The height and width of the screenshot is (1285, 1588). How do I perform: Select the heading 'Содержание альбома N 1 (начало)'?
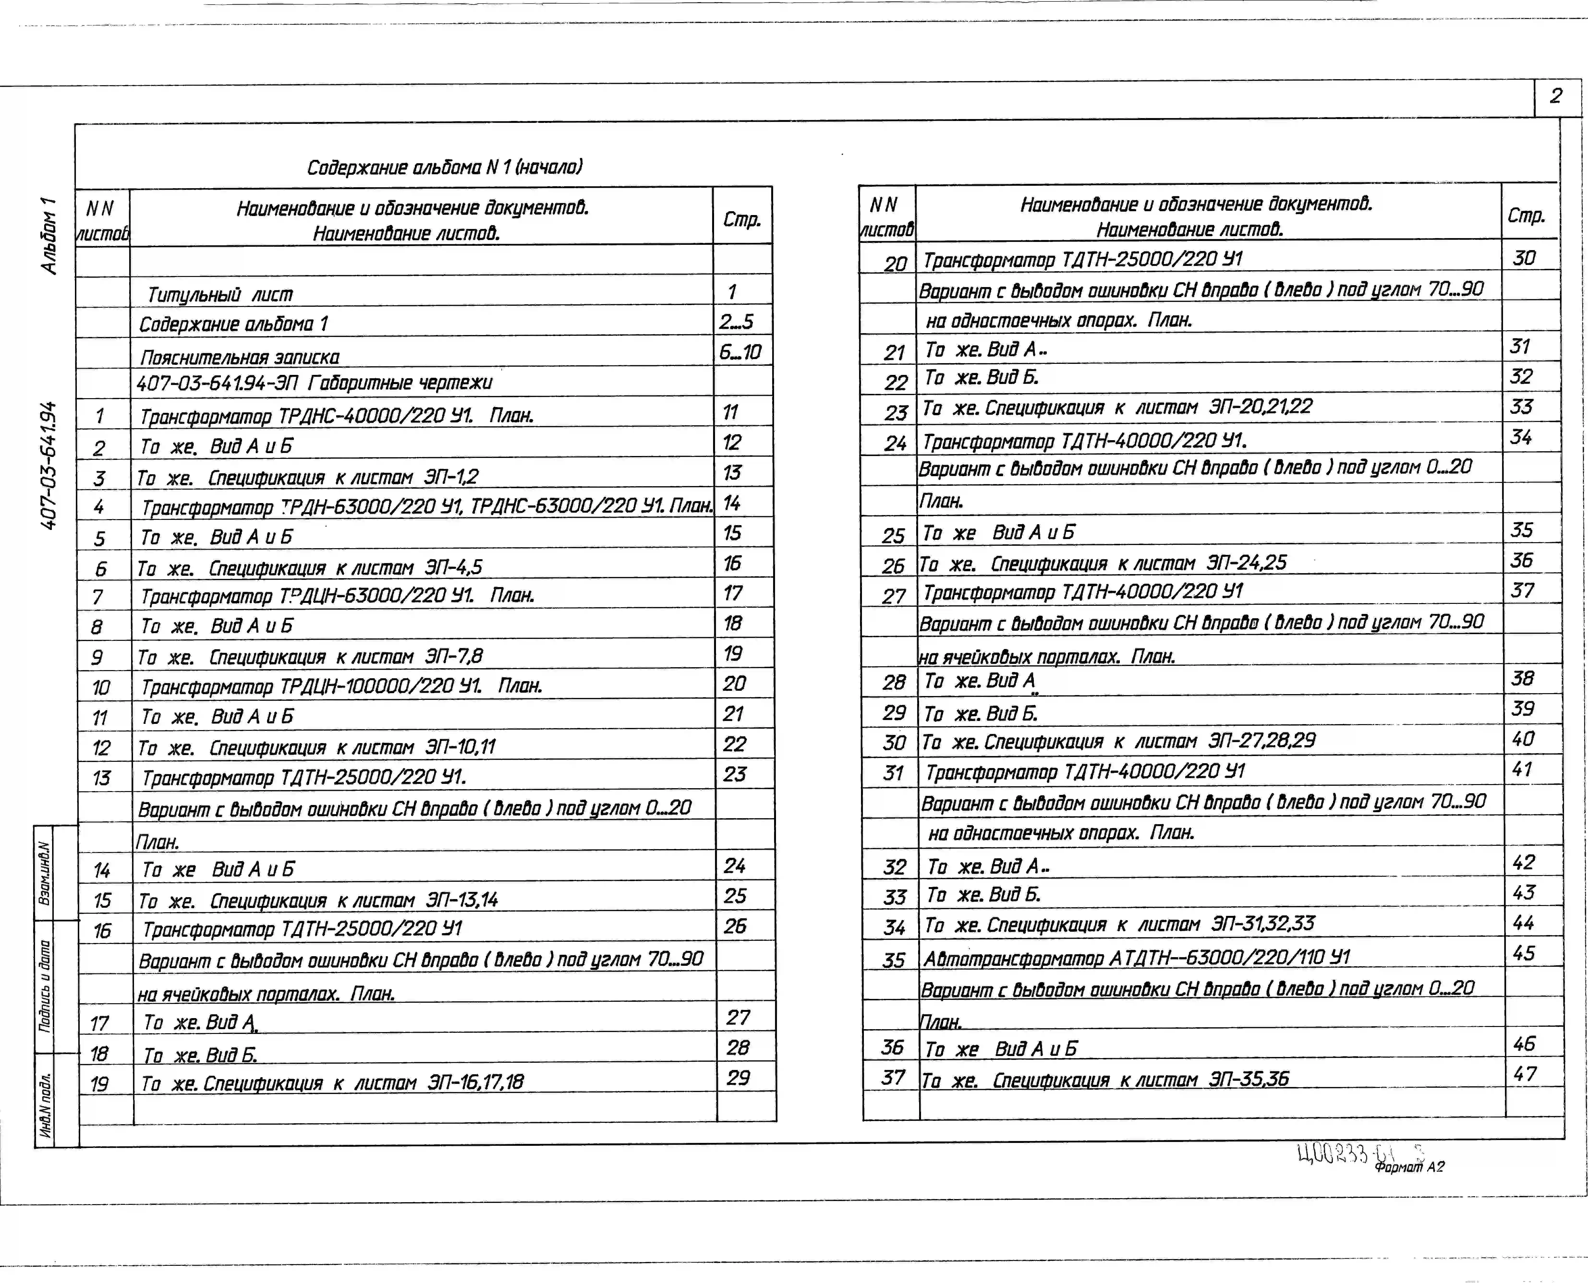(444, 167)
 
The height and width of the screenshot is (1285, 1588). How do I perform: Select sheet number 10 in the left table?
(101, 688)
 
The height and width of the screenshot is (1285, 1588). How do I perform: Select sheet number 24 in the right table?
(895, 443)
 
